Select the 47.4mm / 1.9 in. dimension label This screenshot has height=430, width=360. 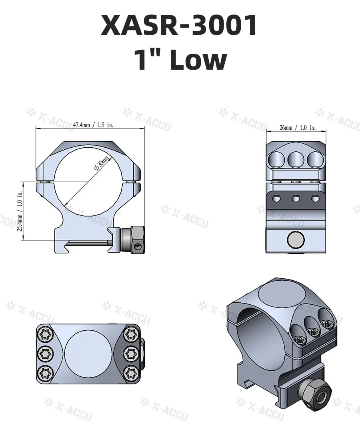93,125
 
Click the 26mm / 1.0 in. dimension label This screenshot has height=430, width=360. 297,128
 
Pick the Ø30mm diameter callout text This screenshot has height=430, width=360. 101,164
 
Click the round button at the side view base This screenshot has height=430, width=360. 296,240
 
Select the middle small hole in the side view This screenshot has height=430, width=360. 296,197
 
